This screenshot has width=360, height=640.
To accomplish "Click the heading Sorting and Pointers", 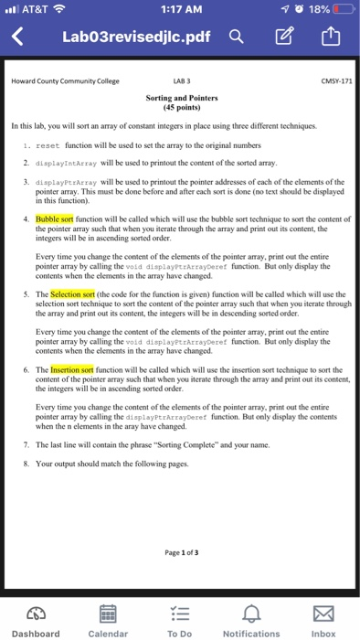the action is coord(181,96).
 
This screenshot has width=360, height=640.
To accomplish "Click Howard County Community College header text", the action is coord(65,80).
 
